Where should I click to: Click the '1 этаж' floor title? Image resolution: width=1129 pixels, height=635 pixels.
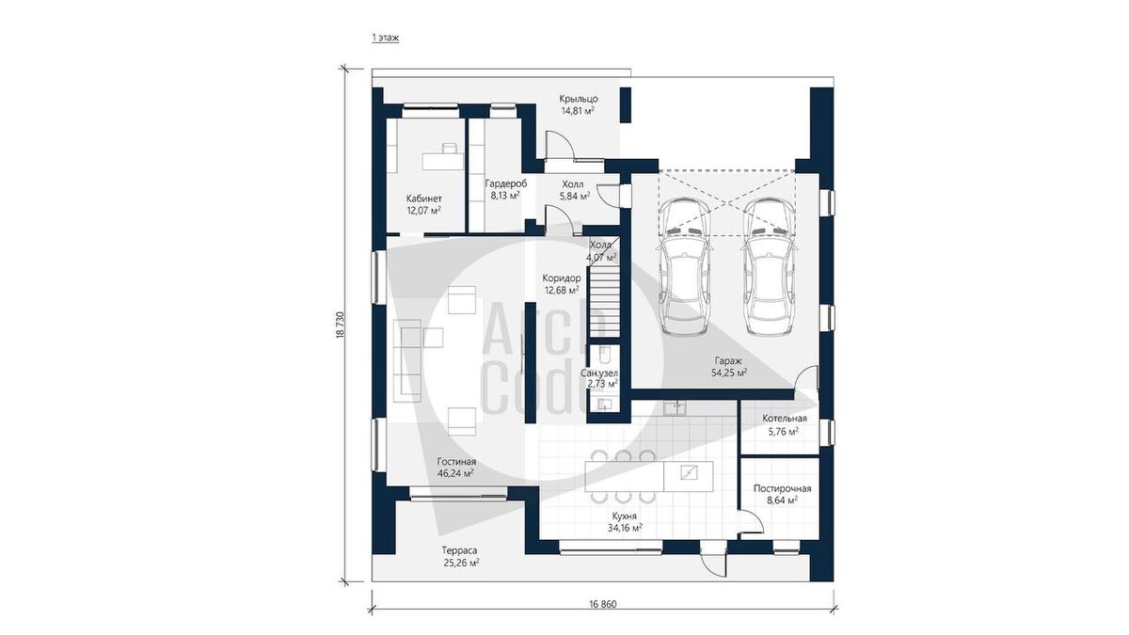[386, 38]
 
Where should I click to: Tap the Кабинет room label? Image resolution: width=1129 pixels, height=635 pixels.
[424, 198]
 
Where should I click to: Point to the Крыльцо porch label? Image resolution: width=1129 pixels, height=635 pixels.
[578, 99]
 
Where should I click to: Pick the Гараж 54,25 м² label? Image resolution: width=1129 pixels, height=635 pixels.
[729, 367]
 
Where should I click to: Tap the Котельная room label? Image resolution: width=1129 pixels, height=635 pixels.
[785, 419]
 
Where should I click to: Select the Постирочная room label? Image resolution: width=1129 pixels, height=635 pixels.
[782, 488]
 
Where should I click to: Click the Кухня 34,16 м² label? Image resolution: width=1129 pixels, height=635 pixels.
[625, 522]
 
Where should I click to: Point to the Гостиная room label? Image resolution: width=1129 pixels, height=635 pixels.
[456, 462]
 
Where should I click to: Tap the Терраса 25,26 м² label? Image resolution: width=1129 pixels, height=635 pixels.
[461, 556]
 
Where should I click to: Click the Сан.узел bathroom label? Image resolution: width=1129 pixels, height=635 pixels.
[599, 373]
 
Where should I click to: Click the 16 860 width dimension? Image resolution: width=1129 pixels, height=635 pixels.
[603, 604]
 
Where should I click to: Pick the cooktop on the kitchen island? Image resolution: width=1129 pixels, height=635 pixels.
[688, 472]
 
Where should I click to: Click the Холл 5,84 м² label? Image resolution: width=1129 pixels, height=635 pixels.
[575, 190]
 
